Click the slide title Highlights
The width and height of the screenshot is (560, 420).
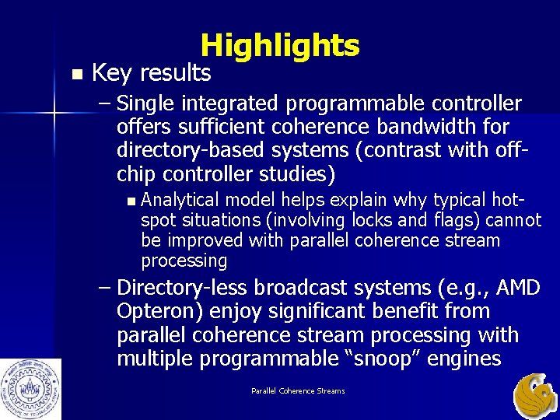(279, 46)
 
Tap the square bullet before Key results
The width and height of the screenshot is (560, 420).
(75, 75)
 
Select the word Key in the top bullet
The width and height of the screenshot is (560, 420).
(111, 73)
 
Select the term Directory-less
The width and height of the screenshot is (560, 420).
(182, 288)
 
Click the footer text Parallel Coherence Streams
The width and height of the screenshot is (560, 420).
(298, 390)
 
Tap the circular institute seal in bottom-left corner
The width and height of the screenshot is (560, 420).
(31, 389)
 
